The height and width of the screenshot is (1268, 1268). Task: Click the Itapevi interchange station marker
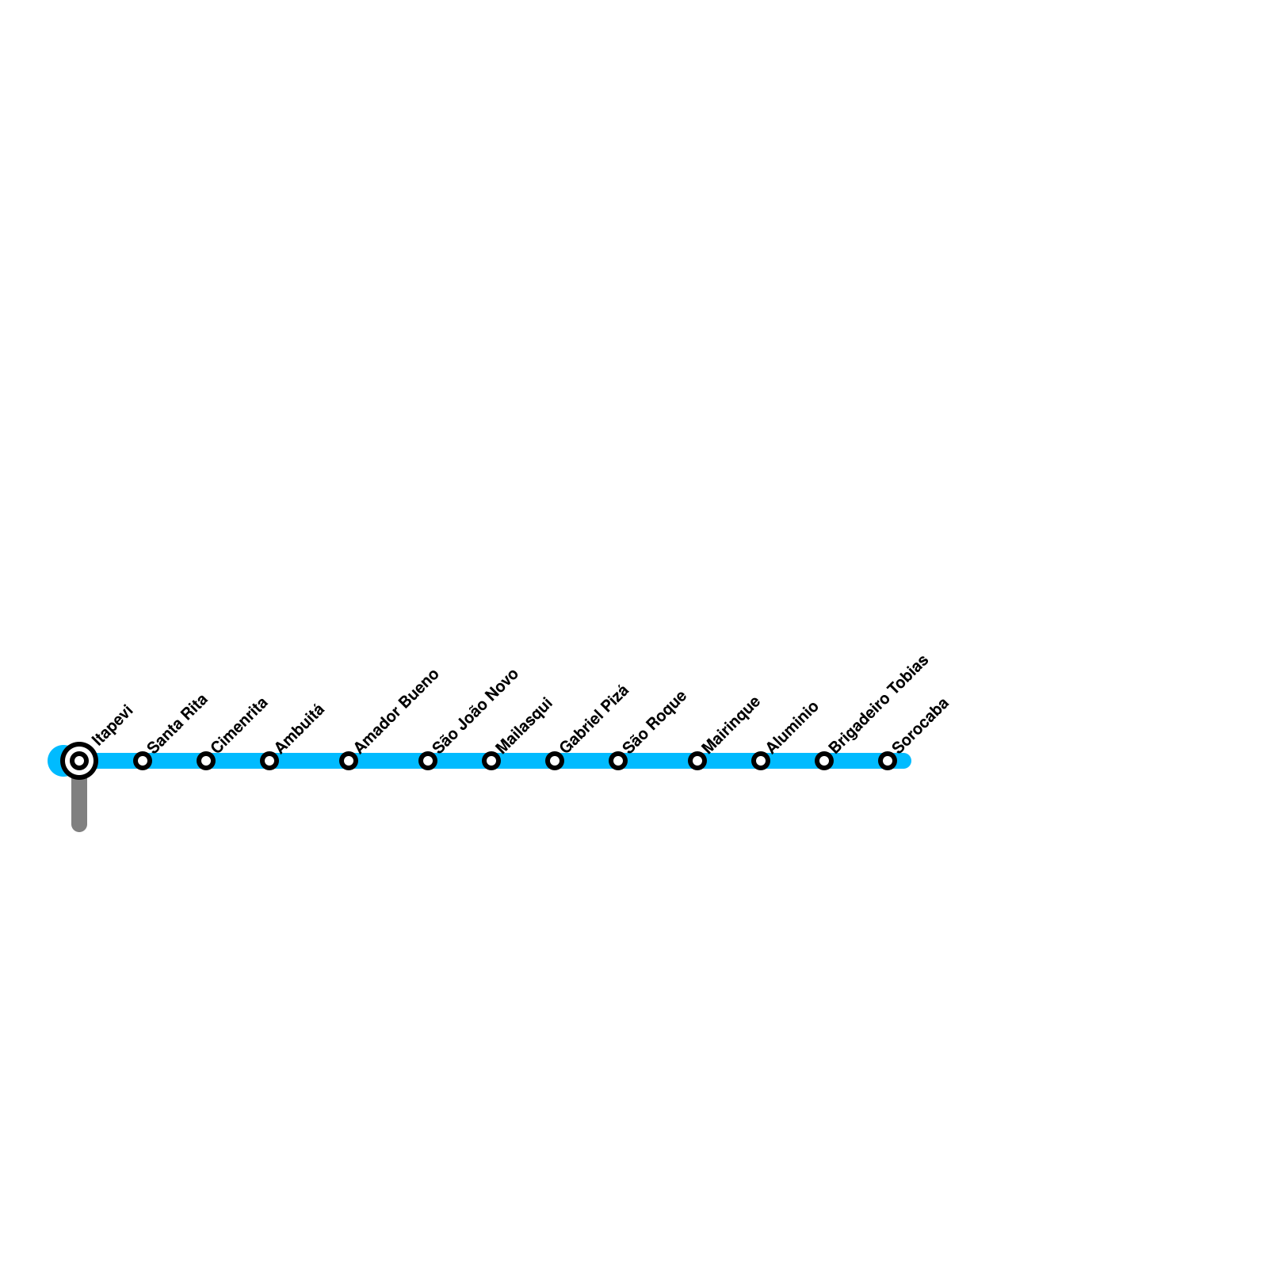pyautogui.click(x=79, y=761)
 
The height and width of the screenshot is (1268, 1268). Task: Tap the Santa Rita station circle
pyautogui.click(x=143, y=761)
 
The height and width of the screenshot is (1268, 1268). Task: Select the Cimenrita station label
pyautogui.click(x=239, y=724)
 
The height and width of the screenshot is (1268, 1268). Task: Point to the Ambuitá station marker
pyautogui.click(x=269, y=761)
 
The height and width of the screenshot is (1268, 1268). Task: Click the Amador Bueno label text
pyautogui.click(x=396, y=711)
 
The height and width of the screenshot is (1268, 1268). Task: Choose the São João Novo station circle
pyautogui.click(x=428, y=761)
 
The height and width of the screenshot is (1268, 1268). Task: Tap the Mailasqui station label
pyautogui.click(x=524, y=725)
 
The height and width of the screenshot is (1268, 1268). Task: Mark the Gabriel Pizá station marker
pyautogui.click(x=555, y=761)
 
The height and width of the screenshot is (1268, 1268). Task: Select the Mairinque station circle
pyautogui.click(x=697, y=761)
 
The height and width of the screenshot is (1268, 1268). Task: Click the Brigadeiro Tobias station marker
pyautogui.click(x=824, y=761)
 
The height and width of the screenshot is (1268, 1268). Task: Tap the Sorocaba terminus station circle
pyautogui.click(x=888, y=761)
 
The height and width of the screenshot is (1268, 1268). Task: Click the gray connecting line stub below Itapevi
pyautogui.click(x=79, y=804)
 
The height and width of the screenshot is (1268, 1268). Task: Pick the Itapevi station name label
pyautogui.click(x=112, y=725)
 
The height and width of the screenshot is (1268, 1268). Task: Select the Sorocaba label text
pyautogui.click(x=920, y=725)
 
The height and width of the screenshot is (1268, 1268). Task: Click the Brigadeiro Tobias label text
pyautogui.click(x=878, y=705)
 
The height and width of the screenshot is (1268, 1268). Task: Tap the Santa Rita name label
pyautogui.click(x=178, y=723)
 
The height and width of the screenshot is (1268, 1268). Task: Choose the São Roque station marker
pyautogui.click(x=618, y=761)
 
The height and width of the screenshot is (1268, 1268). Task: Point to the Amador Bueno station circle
pyautogui.click(x=349, y=761)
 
